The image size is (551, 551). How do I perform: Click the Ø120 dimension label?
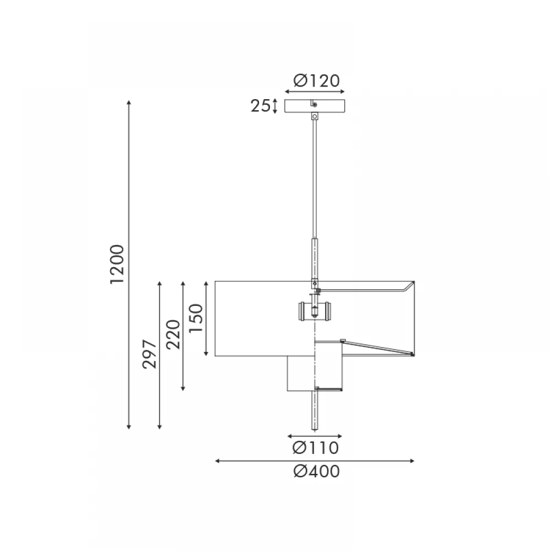click(x=317, y=81)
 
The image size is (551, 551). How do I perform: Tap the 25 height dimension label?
click(x=261, y=106)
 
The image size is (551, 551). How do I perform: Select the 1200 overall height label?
click(x=117, y=264)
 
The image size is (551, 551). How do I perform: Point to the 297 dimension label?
click(x=149, y=354)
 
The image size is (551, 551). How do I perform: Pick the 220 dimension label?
click(x=173, y=334)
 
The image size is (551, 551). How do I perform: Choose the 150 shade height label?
click(x=196, y=318)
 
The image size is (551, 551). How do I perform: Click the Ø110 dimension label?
click(x=316, y=448)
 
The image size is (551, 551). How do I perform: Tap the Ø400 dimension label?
click(x=317, y=472)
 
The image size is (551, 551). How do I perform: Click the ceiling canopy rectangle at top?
click(x=315, y=106)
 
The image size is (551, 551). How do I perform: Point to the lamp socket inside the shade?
click(x=315, y=311)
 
